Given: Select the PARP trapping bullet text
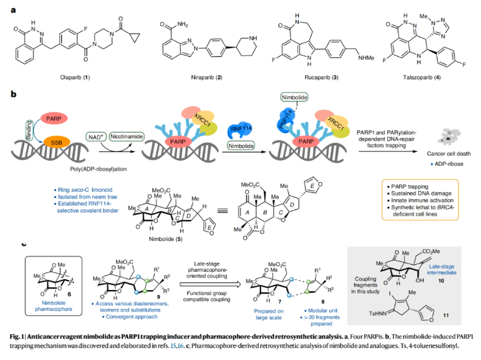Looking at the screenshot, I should (x=409, y=188).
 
